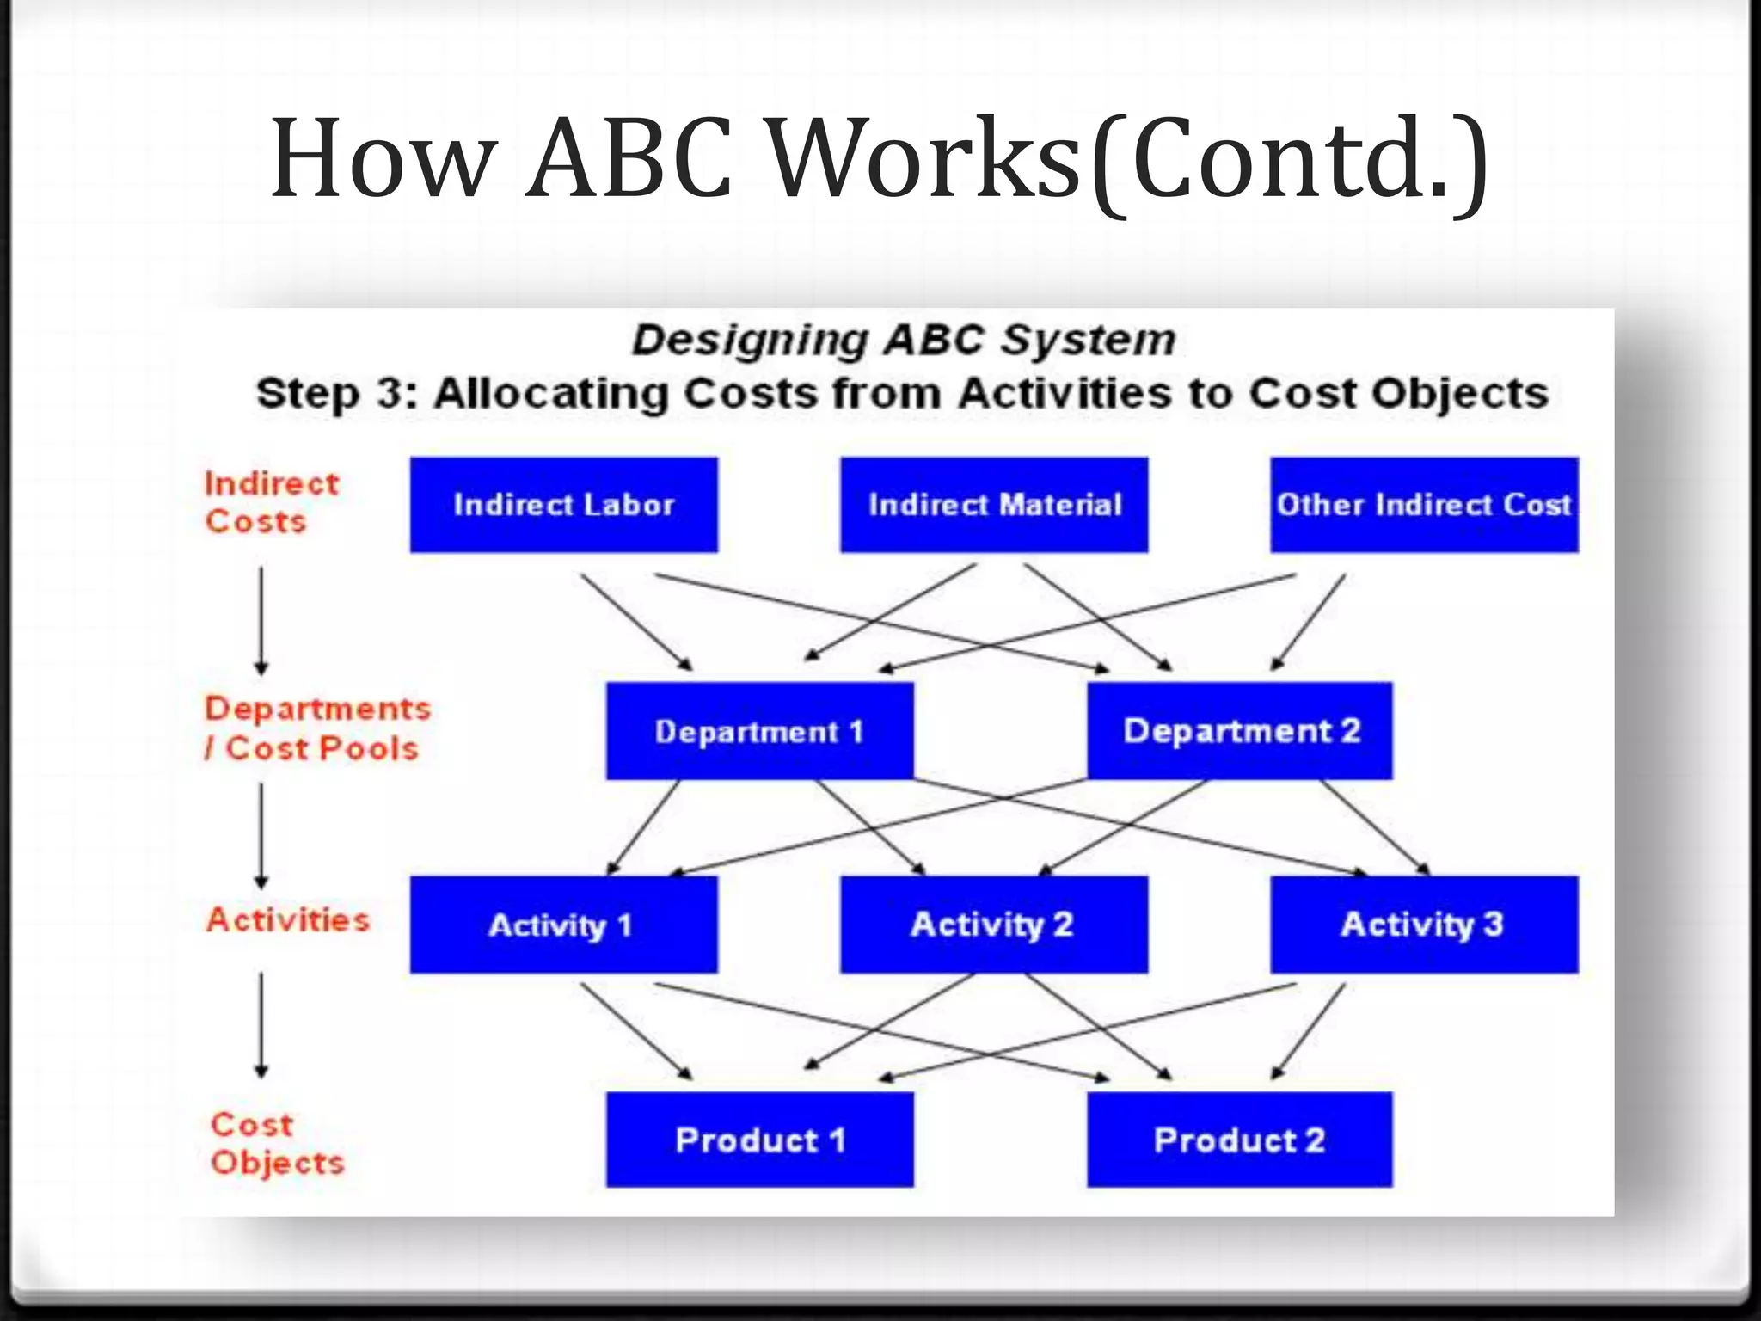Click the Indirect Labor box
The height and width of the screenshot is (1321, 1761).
click(563, 505)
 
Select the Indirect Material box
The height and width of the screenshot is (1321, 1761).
click(994, 505)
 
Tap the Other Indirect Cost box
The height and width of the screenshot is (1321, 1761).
click(1424, 505)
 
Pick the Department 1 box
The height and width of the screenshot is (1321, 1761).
click(759, 731)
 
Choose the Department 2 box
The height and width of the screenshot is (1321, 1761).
click(1239, 731)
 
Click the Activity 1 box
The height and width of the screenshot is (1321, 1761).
click(563, 925)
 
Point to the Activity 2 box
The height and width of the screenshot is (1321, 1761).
click(994, 925)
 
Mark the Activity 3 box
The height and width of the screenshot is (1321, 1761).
click(1424, 925)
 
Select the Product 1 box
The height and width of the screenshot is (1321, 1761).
click(759, 1140)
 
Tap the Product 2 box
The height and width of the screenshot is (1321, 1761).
click(1239, 1140)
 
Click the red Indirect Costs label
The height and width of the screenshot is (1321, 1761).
click(271, 502)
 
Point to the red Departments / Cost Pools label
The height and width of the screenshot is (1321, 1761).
click(316, 728)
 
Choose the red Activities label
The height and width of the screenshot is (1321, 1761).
click(288, 920)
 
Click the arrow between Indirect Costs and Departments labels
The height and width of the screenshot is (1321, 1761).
click(261, 619)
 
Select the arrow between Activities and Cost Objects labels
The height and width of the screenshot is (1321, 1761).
click(261, 1023)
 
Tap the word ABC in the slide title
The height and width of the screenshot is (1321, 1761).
click(629, 159)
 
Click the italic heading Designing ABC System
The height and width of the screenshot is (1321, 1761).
click(903, 340)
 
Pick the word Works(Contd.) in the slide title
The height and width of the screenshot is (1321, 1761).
click(1126, 159)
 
